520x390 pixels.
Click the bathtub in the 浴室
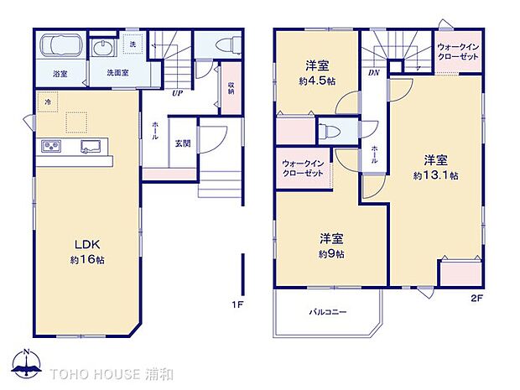point(59,47)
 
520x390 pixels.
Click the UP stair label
point(177,93)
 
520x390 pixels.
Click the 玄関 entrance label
point(183,143)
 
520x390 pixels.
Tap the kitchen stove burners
point(51,147)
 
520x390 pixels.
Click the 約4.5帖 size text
point(320,81)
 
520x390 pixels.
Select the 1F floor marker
point(238,303)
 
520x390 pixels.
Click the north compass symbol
point(28,363)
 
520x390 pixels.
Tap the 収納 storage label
point(230,86)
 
